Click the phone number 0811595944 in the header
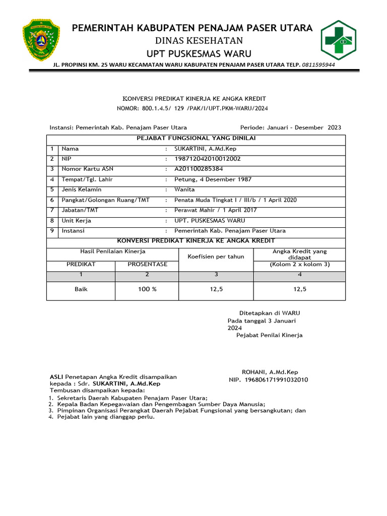[318, 65]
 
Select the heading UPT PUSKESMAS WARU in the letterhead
[191, 54]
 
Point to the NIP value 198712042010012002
[207, 159]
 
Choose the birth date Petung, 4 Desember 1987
[213, 179]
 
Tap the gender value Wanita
[184, 189]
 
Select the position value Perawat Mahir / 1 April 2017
[215, 210]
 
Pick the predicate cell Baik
[81, 289]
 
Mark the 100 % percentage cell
[147, 289]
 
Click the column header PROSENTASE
[147, 264]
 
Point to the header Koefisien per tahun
[216, 256]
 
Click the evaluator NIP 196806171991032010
[269, 380]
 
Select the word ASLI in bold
[56, 377]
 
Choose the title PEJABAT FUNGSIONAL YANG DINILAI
[196, 138]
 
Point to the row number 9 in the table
[51, 231]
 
